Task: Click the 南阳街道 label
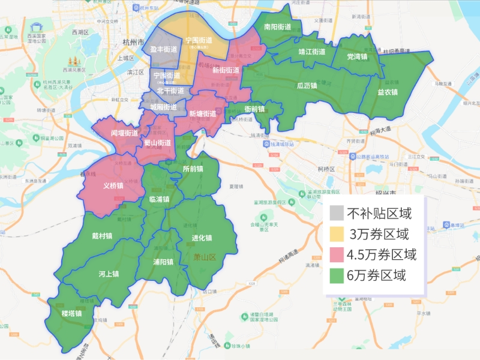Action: coord(277,27)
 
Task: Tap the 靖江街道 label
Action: coord(312,52)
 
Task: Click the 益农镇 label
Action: coord(388,92)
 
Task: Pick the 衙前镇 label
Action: coord(255,109)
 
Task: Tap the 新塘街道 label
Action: coord(202,114)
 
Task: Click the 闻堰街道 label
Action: coord(124,133)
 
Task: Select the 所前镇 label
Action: coord(193,169)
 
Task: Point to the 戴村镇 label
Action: coord(102,236)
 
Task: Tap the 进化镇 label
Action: coord(202,238)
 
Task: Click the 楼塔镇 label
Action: coord(71,313)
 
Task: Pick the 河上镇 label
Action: coord(109,274)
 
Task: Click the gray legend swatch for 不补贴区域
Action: coord(337,213)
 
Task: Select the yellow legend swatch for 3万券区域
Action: coord(337,234)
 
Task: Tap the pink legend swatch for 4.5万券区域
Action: coord(337,255)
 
